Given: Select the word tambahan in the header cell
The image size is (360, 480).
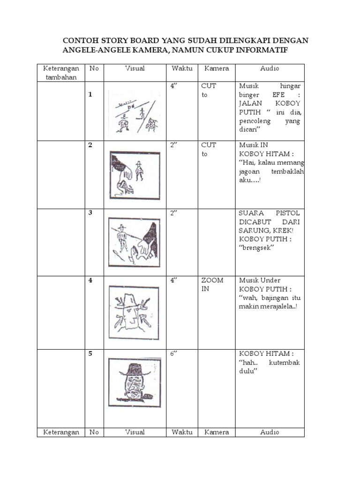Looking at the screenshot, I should coord(60,77).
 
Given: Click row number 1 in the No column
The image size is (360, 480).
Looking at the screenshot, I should coord(90,95).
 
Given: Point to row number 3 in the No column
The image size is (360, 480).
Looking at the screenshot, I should coord(90,212).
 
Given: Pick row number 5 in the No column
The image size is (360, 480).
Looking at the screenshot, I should coord(90,354).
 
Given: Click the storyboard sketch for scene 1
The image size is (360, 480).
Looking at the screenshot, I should coord(134,112).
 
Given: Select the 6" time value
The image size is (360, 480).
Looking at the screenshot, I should coord(175,354).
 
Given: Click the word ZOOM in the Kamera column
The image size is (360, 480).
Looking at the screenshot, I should coord(212,280).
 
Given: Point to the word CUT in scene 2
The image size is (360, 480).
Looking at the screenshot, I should coord(209,145).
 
